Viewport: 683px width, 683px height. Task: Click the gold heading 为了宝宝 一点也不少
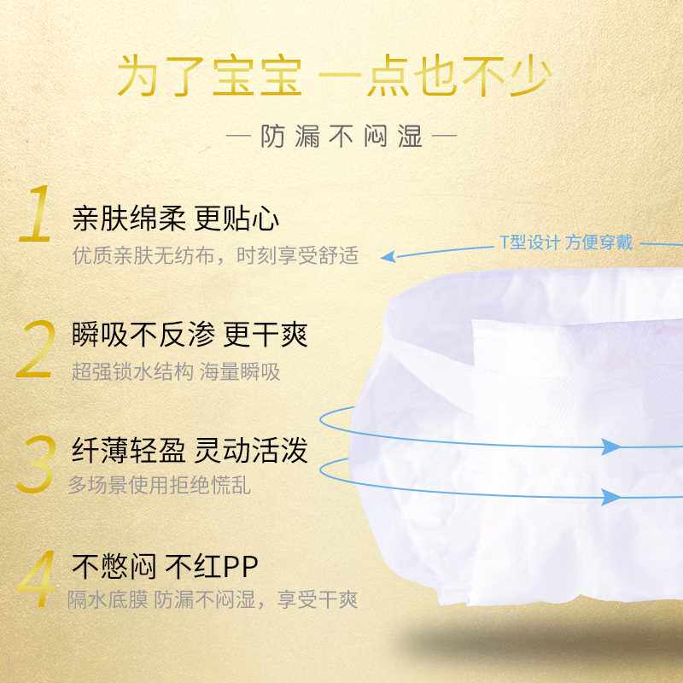334,76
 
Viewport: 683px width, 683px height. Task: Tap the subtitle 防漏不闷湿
341,137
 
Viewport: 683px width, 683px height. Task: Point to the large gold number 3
35,465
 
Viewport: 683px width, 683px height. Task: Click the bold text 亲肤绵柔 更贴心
176,219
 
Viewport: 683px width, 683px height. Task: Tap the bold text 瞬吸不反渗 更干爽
190,335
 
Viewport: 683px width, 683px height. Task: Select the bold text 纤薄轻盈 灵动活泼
190,450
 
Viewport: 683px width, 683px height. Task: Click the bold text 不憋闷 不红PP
165,565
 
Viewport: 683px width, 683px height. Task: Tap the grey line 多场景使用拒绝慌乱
160,486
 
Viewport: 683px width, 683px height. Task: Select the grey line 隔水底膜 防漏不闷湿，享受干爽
213,599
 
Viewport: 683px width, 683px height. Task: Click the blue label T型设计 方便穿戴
566,242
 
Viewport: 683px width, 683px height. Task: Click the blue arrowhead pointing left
388,256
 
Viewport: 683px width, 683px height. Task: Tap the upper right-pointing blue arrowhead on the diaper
610,447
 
